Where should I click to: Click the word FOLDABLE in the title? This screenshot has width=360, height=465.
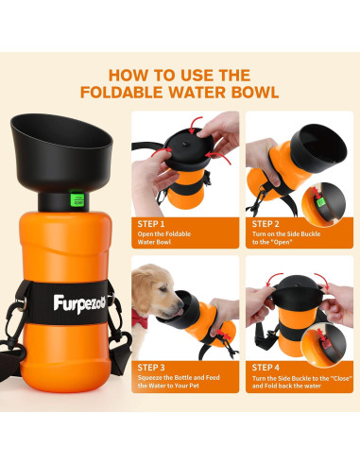click(x=147, y=93)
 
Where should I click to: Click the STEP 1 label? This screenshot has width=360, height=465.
click(x=152, y=223)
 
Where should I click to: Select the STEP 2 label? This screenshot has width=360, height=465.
click(x=266, y=223)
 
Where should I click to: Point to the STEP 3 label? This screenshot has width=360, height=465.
click(x=152, y=367)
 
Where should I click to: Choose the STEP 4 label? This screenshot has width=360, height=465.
click(x=266, y=367)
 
